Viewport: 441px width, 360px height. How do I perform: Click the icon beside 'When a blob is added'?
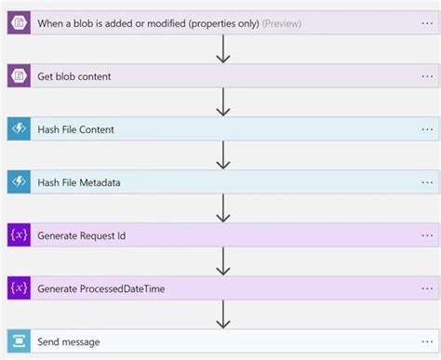click(x=19, y=23)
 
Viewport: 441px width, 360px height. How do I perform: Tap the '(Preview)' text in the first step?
click(x=283, y=23)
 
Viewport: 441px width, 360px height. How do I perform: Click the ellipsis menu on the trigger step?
click(x=427, y=23)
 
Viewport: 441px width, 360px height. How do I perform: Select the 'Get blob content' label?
click(x=74, y=76)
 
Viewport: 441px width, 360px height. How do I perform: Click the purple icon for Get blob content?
click(x=19, y=76)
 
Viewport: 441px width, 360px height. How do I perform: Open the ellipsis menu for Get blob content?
click(x=427, y=76)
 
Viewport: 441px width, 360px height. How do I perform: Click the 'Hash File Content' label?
click(x=76, y=129)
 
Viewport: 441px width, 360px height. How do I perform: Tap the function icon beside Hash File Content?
click(x=19, y=129)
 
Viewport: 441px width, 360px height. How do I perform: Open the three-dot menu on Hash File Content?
click(x=427, y=129)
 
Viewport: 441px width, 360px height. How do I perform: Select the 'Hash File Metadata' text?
click(x=79, y=182)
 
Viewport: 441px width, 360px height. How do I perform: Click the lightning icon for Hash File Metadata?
click(x=19, y=182)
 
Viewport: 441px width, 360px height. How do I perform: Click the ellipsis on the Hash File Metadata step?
click(x=427, y=182)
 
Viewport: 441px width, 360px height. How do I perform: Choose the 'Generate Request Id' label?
click(x=82, y=235)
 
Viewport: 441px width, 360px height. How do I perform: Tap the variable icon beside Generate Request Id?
click(x=19, y=235)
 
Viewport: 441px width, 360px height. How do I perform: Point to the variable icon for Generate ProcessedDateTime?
click(x=19, y=288)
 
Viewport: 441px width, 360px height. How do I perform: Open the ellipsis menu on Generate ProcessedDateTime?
click(x=427, y=288)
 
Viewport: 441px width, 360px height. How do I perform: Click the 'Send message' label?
click(x=69, y=341)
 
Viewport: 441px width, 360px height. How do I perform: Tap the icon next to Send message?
click(x=19, y=341)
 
